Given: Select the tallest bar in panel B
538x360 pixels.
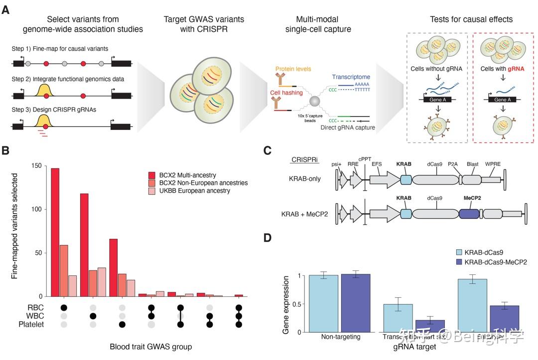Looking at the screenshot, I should click(55, 232).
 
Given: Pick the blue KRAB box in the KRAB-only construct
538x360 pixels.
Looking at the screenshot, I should click(406, 180).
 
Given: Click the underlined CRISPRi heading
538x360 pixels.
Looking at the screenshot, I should click(302, 159).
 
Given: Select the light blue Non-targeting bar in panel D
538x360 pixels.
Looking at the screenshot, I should click(323, 303).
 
